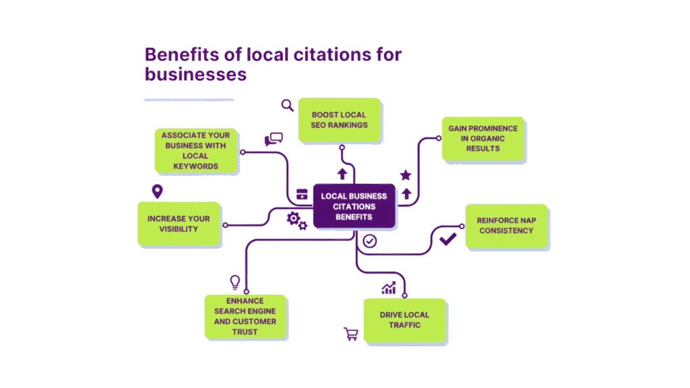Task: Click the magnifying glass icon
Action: (x=288, y=104)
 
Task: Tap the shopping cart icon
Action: (x=351, y=333)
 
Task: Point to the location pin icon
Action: (x=157, y=192)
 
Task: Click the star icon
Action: (x=406, y=175)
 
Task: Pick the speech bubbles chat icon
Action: (x=274, y=139)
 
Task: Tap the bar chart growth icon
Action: (x=389, y=289)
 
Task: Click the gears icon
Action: (x=297, y=220)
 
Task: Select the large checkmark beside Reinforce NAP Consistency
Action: (x=447, y=238)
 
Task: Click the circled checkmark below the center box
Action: (x=369, y=240)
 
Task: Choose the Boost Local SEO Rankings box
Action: (x=340, y=120)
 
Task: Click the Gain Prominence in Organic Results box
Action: (x=484, y=138)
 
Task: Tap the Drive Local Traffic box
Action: (x=404, y=320)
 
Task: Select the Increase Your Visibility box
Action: (x=179, y=224)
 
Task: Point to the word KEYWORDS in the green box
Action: (x=195, y=166)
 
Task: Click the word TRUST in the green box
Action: (x=245, y=331)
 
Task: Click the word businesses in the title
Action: (x=195, y=74)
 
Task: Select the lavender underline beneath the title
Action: (x=189, y=100)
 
